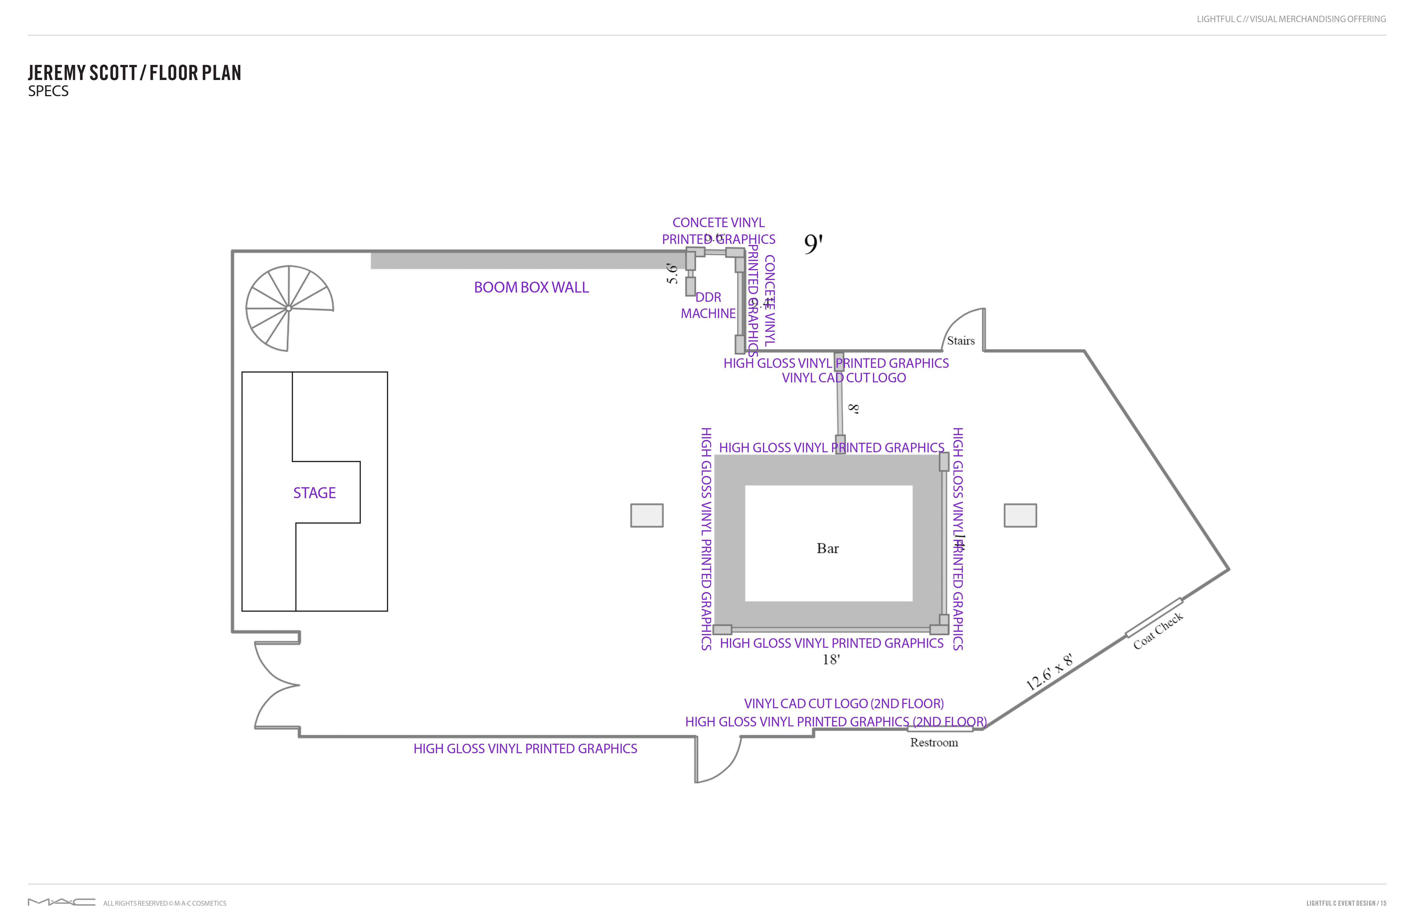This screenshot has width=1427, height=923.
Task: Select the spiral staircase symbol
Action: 289,308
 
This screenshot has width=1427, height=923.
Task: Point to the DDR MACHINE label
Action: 708,305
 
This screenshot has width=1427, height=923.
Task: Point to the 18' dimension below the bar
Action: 831,660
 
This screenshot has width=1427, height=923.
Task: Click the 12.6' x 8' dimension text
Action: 1049,672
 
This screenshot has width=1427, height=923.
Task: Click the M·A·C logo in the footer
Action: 61,902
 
